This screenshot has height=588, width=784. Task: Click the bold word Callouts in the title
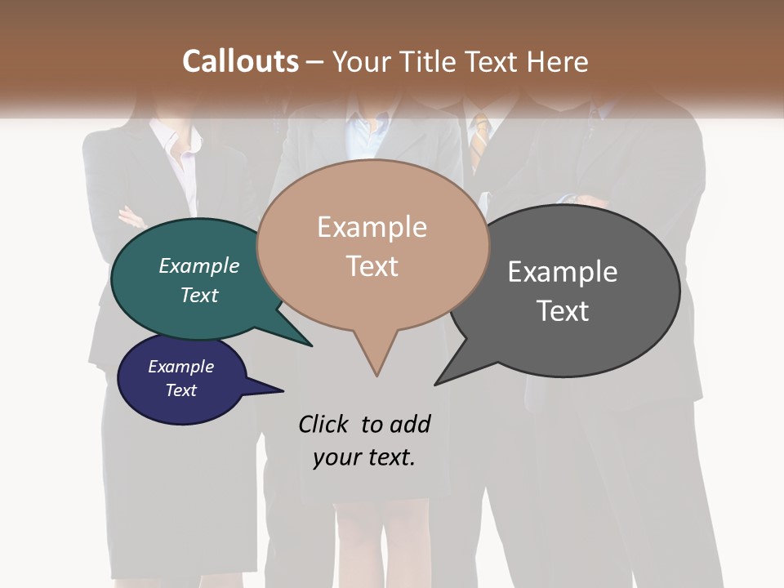coord(240,61)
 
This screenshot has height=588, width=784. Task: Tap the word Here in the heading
coord(558,61)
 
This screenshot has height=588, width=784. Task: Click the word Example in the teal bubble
coord(199,266)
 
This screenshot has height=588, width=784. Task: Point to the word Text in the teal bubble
coord(199,296)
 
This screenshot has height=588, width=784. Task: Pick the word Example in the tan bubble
coord(372,227)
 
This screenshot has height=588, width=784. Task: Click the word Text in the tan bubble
coord(372,266)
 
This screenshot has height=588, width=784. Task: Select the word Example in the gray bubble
coord(562,272)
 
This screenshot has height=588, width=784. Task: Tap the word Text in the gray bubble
coord(562,311)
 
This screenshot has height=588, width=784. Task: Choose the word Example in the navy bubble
coord(180,367)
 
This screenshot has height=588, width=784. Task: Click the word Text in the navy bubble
coord(180,390)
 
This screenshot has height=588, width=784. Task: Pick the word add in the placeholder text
coord(410,424)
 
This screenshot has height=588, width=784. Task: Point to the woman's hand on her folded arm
coord(131,217)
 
